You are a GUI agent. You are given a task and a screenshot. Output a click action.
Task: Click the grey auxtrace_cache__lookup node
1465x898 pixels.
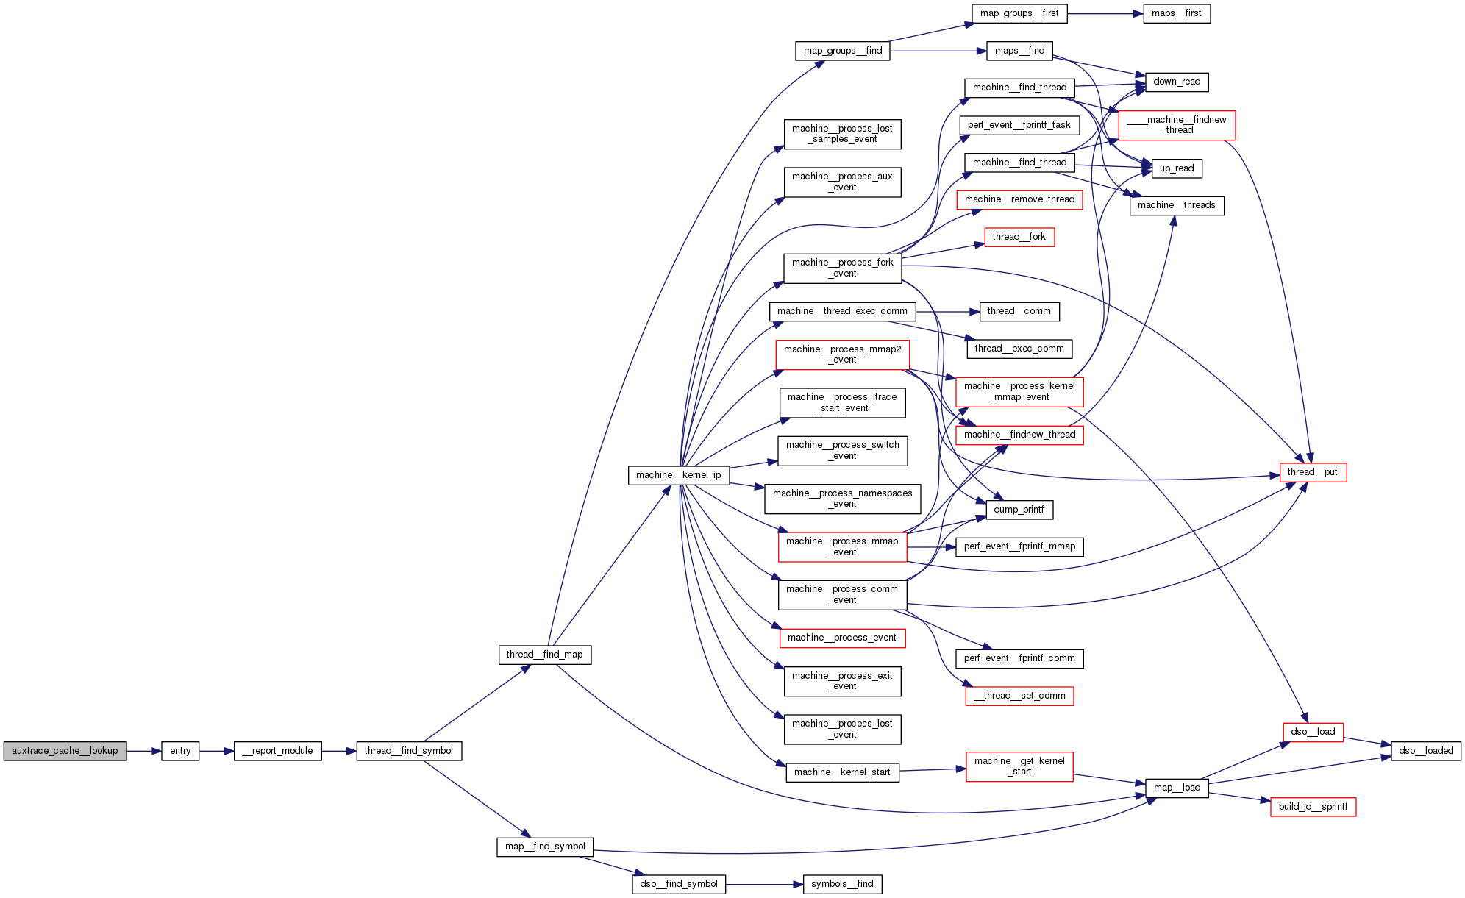tap(65, 751)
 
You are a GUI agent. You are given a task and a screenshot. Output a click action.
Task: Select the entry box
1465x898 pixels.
tap(180, 751)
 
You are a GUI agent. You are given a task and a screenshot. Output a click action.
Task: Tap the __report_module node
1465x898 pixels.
tap(277, 751)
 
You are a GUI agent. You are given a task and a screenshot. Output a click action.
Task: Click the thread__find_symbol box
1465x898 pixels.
tap(409, 751)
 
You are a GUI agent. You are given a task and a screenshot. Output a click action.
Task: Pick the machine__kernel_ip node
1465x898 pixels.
tap(678, 475)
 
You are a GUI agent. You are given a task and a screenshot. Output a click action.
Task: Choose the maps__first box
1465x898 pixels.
tap(1176, 13)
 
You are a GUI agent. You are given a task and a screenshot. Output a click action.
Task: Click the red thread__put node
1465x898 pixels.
tap(1312, 472)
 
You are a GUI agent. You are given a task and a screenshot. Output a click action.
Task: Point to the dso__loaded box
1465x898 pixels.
tap(1425, 751)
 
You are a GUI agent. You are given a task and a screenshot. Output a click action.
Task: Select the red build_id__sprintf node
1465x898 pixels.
tap(1312, 807)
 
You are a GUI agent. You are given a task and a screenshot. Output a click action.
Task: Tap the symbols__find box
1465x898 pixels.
tap(842, 884)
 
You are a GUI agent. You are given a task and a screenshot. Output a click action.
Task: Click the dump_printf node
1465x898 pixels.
tap(1019, 510)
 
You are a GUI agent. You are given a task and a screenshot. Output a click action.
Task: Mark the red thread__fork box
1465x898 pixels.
tap(1019, 237)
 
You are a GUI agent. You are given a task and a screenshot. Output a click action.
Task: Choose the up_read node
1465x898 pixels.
tap(1176, 168)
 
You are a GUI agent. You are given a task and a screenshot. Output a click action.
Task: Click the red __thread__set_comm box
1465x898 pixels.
tap(1019, 696)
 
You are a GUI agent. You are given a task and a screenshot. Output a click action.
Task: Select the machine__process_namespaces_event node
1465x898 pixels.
tap(842, 499)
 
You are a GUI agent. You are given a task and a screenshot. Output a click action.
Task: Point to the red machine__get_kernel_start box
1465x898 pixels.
tap(1019, 766)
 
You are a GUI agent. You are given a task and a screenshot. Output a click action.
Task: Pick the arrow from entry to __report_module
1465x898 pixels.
tap(216, 751)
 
